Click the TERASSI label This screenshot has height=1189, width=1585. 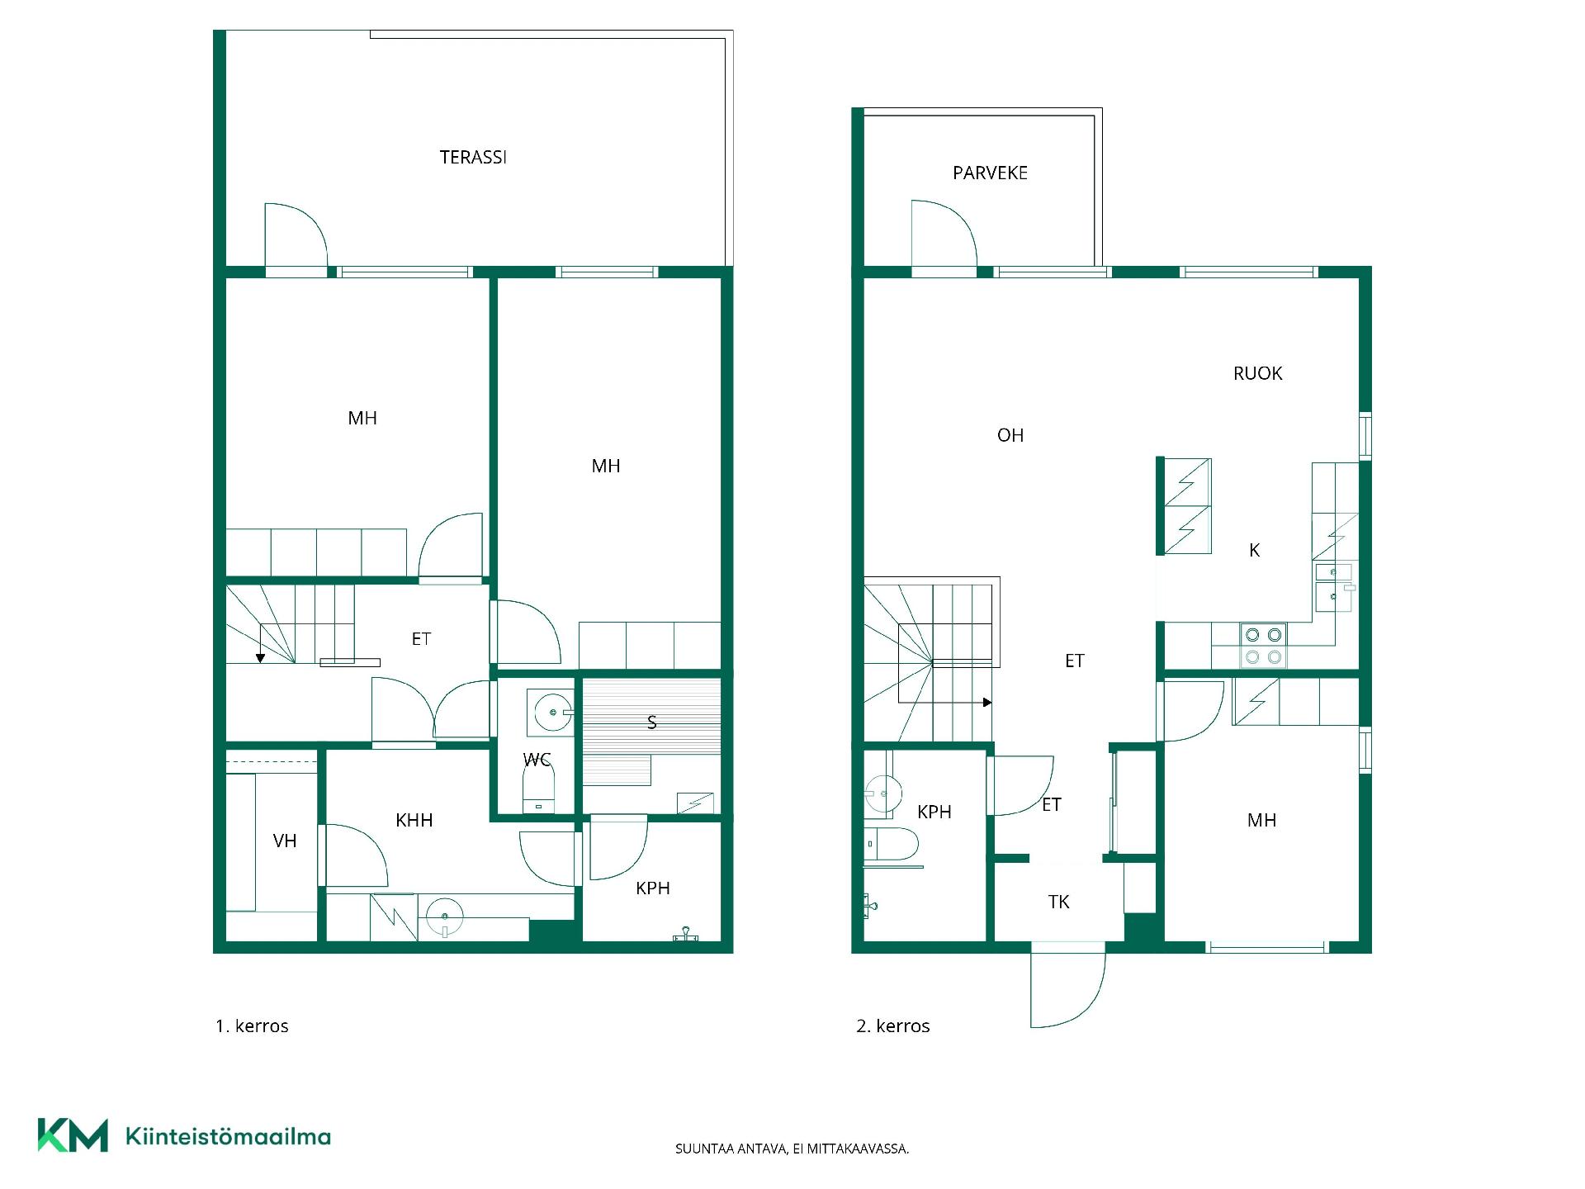(473, 157)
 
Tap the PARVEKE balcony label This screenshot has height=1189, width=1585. (990, 173)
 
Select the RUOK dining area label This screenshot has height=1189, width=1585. (1257, 373)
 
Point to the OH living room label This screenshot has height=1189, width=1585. (1010, 435)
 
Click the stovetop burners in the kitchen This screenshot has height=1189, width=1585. (1264, 646)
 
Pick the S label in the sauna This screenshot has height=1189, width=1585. (651, 722)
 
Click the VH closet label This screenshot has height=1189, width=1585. (285, 841)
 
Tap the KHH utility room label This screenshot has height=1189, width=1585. (414, 820)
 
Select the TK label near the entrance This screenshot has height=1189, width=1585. (1058, 902)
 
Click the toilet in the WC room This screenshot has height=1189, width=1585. (539, 789)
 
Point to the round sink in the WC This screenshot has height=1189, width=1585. (553, 712)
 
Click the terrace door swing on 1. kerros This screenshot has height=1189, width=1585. (296, 235)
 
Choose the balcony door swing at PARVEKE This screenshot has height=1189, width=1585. (944, 233)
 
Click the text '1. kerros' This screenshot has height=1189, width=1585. (252, 1026)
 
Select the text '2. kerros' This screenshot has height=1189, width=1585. (893, 1026)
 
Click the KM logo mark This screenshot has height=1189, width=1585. (73, 1135)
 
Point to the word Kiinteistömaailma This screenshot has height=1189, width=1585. (228, 1136)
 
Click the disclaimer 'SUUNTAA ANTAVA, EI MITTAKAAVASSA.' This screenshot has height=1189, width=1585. (792, 1149)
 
